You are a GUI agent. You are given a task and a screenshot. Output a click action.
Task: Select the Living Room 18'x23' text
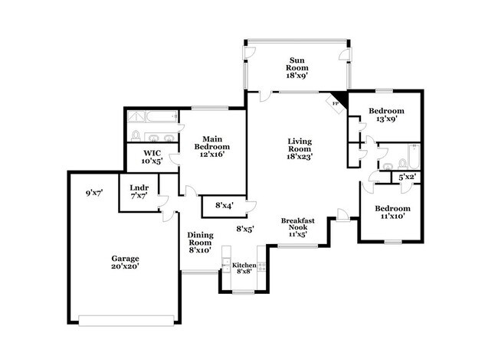coord(299,148)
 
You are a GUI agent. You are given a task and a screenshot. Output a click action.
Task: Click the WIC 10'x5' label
coord(149,157)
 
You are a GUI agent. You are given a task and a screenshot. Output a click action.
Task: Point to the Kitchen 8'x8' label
coord(244,268)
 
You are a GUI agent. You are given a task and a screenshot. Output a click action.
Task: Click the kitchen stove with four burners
coord(262,268)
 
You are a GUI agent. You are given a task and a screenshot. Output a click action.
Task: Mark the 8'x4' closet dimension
coord(224,204)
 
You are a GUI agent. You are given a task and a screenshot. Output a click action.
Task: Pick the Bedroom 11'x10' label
coord(392,212)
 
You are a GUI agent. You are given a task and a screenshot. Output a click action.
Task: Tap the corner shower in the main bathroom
coord(135,116)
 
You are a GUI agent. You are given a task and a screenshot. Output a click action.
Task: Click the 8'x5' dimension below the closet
coord(244,229)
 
